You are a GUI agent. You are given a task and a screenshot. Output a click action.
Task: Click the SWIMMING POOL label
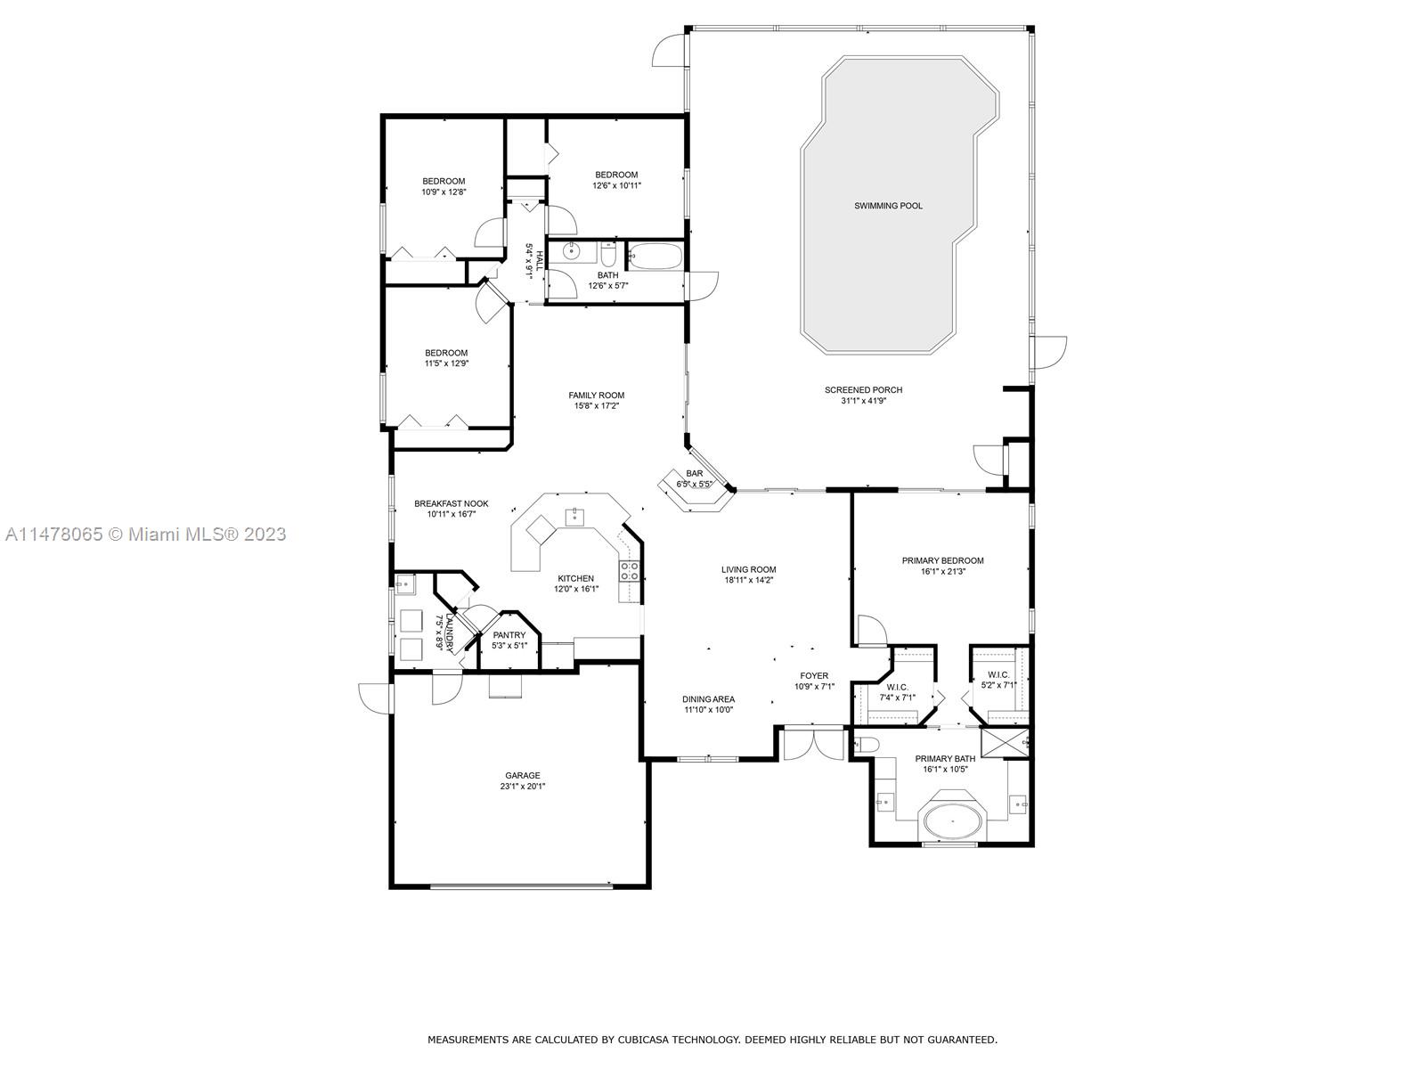[x=888, y=206]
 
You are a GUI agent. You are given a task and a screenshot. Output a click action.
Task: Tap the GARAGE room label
[x=523, y=775]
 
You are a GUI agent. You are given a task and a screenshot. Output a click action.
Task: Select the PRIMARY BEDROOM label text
[x=942, y=560]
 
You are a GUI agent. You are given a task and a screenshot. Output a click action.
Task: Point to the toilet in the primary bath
[x=869, y=745]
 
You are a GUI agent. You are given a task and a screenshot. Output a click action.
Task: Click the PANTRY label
[x=509, y=635]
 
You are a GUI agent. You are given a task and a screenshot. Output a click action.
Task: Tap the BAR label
[x=695, y=473]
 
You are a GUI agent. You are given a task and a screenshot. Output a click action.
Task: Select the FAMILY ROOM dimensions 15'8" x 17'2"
[x=597, y=406]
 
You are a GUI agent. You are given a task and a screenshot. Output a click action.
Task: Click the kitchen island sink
[x=576, y=515]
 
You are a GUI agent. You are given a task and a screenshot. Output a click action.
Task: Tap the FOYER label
[x=814, y=676]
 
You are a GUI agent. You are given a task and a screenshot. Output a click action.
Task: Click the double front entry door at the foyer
[x=813, y=743]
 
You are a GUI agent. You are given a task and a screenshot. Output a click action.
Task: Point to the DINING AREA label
[x=708, y=699]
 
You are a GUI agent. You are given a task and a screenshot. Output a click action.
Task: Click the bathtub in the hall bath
[x=655, y=257]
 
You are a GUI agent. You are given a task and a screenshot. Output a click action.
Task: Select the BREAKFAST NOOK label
[x=451, y=503]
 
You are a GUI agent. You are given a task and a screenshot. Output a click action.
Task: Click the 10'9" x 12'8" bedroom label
[x=444, y=181]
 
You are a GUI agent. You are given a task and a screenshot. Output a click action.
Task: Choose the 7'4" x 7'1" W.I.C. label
[x=897, y=687]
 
